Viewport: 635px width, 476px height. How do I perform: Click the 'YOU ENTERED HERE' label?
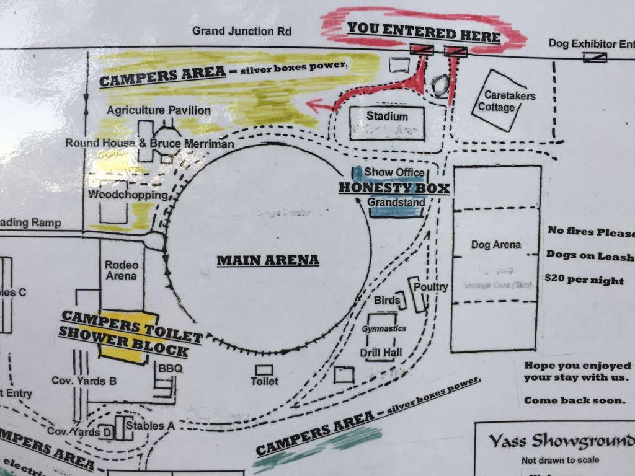(x=423, y=32)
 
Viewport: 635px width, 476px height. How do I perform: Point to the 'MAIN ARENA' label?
(x=267, y=260)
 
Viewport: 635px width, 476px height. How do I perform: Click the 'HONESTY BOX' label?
(x=394, y=187)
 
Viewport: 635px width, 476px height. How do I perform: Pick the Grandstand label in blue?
(x=396, y=203)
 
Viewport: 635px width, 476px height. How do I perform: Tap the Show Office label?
(x=394, y=172)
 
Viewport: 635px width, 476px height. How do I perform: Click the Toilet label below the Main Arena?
(x=264, y=381)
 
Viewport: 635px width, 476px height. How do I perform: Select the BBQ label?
(x=167, y=369)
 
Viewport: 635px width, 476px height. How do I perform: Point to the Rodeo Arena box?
(x=122, y=271)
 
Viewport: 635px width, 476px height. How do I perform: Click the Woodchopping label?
(x=128, y=195)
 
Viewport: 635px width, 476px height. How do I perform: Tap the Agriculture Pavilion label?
(x=158, y=110)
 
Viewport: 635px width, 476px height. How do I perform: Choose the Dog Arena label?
(x=494, y=245)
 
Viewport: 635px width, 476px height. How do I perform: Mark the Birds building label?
(x=387, y=301)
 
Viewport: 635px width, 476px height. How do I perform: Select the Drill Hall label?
(x=381, y=353)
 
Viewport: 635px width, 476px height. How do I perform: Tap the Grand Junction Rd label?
(x=241, y=30)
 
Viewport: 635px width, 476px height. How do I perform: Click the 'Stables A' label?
(x=150, y=426)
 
